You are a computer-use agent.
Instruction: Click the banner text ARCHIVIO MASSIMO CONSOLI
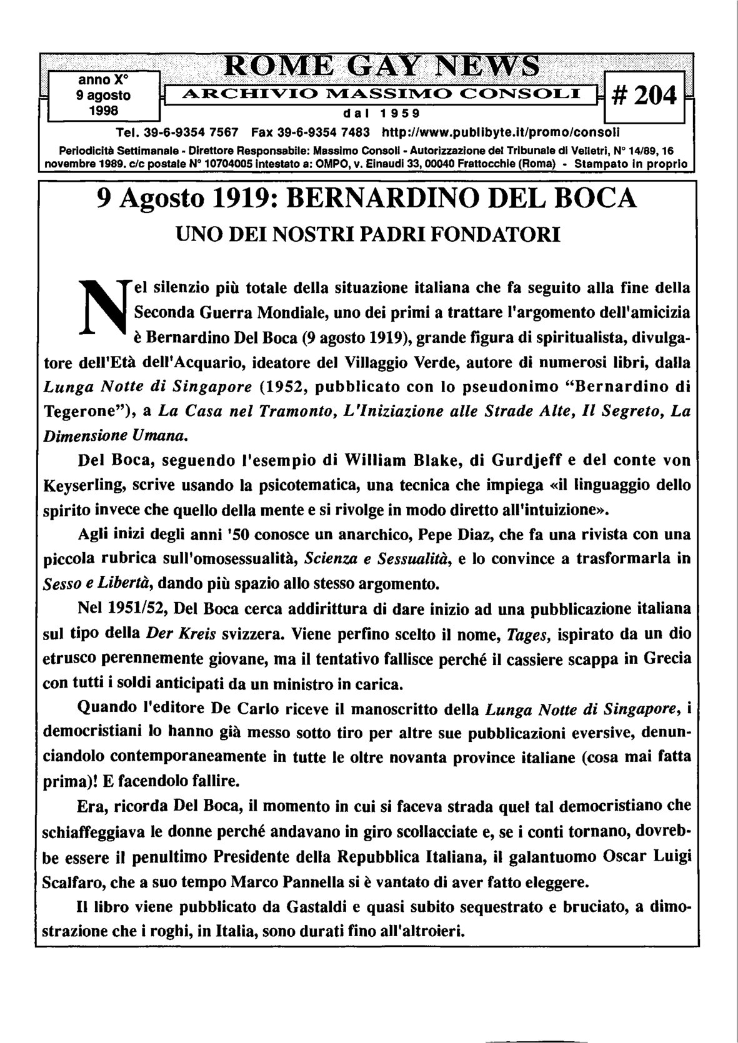(381, 95)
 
